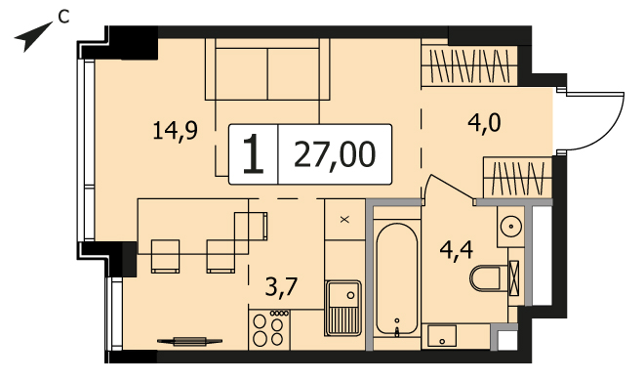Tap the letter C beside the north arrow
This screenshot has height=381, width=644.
click(x=63, y=17)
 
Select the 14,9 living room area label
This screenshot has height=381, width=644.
click(x=175, y=131)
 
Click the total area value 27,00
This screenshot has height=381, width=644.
click(x=335, y=154)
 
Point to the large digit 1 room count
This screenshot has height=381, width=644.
click(x=253, y=154)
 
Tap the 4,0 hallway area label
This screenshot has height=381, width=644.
click(x=484, y=122)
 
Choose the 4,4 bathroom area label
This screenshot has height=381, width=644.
click(x=457, y=250)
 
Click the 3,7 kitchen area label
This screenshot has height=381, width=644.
click(x=281, y=286)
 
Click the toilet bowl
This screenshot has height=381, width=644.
click(x=486, y=278)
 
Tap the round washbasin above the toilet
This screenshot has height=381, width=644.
click(x=511, y=227)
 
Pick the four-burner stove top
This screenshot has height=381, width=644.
click(x=269, y=329)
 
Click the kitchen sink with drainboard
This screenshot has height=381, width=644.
click(x=343, y=309)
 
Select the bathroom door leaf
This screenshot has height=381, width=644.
click(x=450, y=188)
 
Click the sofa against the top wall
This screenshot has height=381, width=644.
click(x=267, y=69)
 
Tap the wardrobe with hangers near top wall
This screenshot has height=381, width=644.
click(x=469, y=66)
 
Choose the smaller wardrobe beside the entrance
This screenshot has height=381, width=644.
click(x=517, y=178)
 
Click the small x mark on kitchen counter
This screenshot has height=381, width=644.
click(x=344, y=220)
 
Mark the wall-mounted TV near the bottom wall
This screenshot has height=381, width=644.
click(x=189, y=341)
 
